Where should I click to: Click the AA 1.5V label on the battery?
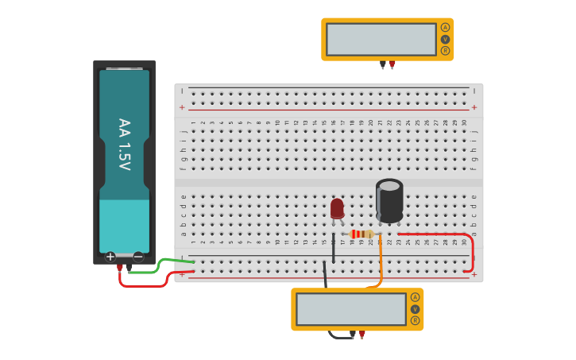[x=124, y=145]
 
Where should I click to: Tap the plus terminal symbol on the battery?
[x=110, y=257]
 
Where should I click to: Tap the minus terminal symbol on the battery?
[x=138, y=257]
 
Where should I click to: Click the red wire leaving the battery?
[x=143, y=285]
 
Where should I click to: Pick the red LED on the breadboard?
[x=337, y=208]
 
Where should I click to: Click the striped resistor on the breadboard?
[x=361, y=234]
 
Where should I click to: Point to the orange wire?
[x=381, y=262]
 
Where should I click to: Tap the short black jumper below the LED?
[x=333, y=248]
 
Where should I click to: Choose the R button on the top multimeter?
[x=445, y=50]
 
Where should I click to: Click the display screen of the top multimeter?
[x=381, y=39]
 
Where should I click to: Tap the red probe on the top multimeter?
[x=392, y=64]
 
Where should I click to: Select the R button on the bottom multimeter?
[x=415, y=320]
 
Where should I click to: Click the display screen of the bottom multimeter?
[x=350, y=309]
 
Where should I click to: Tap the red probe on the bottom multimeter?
[x=361, y=335]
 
